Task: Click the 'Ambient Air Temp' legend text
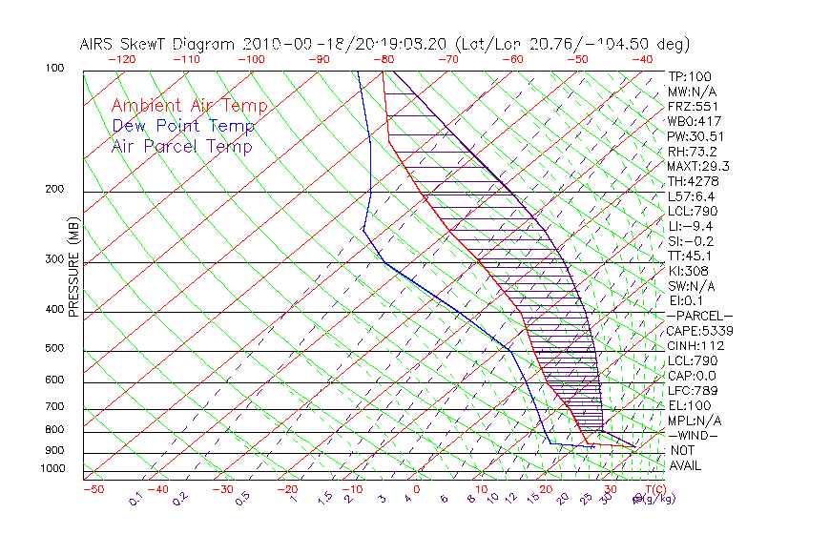point(189,106)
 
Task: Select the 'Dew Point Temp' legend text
point(183,126)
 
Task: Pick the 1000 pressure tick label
point(53,468)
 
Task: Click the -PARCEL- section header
point(699,316)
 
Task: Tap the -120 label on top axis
point(121,59)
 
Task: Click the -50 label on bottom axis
point(93,489)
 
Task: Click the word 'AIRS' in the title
point(98,44)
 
